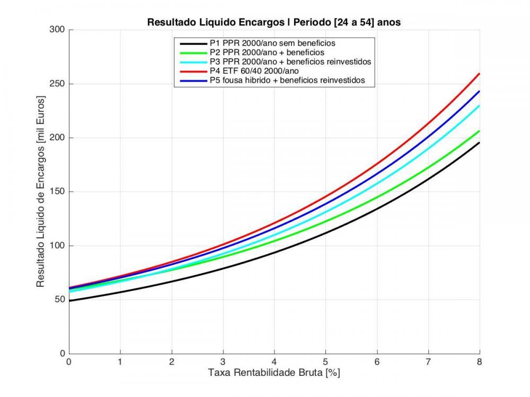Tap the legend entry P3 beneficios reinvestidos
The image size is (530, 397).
tap(289, 62)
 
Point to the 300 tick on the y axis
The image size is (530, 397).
tap(58, 30)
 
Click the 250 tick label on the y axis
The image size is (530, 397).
tap(58, 84)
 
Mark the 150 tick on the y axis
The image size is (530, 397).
tap(58, 192)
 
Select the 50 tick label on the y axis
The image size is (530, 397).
tap(60, 300)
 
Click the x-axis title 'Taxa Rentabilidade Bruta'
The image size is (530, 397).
tap(274, 373)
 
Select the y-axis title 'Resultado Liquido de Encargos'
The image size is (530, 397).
tap(40, 192)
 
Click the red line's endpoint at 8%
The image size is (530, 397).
tap(479, 74)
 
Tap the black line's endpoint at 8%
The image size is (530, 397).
tap(479, 142)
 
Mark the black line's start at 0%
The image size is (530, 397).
tap(69, 301)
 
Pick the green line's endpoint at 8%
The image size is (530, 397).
tap(479, 131)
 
